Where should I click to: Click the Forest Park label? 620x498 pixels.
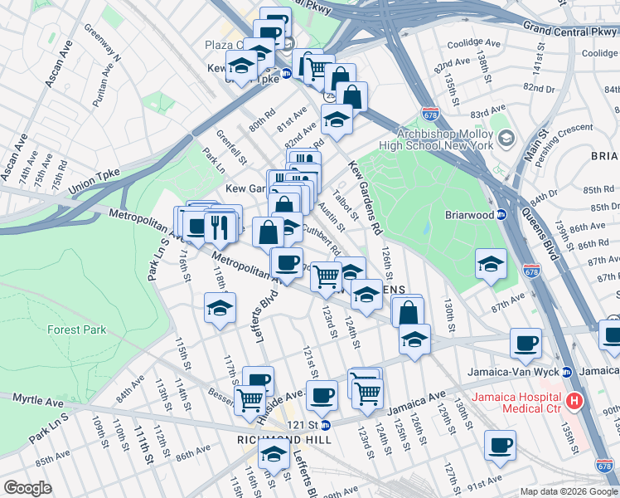click(x=75, y=330)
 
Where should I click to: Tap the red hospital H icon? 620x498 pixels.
click(x=574, y=403)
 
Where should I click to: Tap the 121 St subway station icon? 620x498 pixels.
click(x=325, y=425)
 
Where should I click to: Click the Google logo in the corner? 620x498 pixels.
click(x=27, y=488)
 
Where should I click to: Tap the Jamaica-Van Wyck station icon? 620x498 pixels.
click(x=567, y=371)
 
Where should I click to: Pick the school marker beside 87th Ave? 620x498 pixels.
click(x=491, y=265)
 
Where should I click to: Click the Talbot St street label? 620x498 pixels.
click(x=341, y=207)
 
